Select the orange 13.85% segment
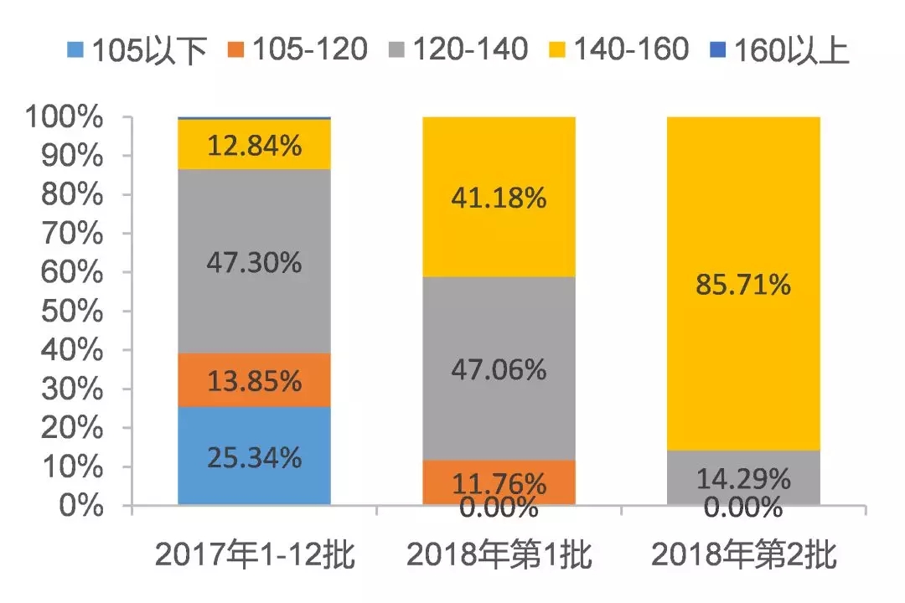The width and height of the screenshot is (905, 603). (x=255, y=379)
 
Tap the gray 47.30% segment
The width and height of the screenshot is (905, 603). (x=255, y=261)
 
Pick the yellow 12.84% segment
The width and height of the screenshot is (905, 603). (x=255, y=144)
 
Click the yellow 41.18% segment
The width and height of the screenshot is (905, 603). (x=499, y=197)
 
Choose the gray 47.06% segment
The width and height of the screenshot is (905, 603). (x=499, y=368)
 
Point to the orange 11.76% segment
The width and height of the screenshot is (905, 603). (x=499, y=482)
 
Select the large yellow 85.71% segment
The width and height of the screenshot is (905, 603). (x=742, y=285)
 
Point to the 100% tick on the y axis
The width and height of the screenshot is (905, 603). (x=65, y=118)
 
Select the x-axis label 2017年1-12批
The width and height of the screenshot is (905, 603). (x=255, y=556)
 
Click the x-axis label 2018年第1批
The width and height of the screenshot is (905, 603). (x=499, y=556)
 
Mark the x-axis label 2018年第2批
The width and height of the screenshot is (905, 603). (x=742, y=556)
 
